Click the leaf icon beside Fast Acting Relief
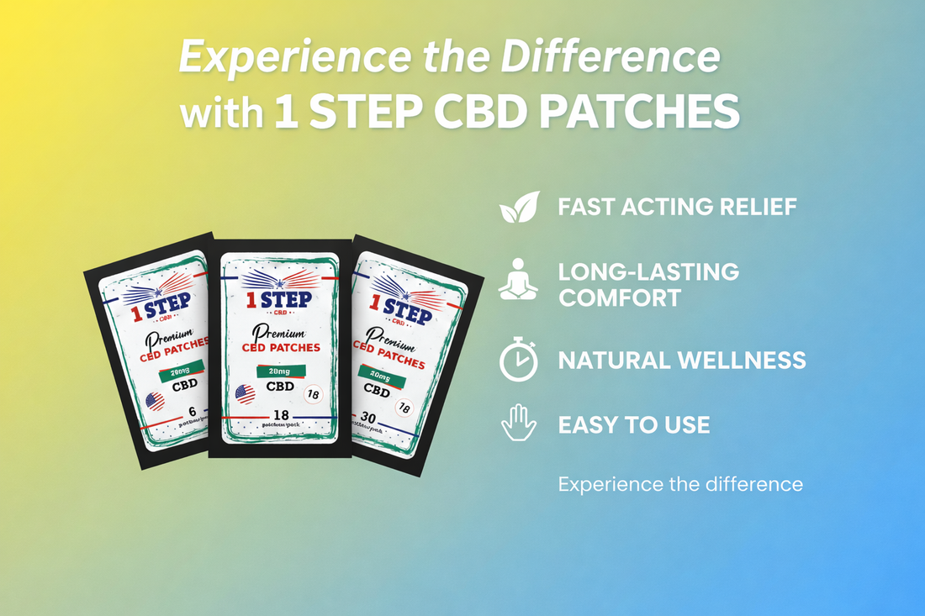point(518,207)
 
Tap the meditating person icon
point(517,280)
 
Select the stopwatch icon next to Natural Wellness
point(518,361)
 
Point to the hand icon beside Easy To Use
point(518,423)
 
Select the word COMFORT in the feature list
point(620,297)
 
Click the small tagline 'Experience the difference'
point(680,484)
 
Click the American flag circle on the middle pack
point(245,393)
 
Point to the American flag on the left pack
point(156,401)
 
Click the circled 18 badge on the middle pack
point(313,393)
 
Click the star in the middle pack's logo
point(279,283)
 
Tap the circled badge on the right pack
point(404,408)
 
